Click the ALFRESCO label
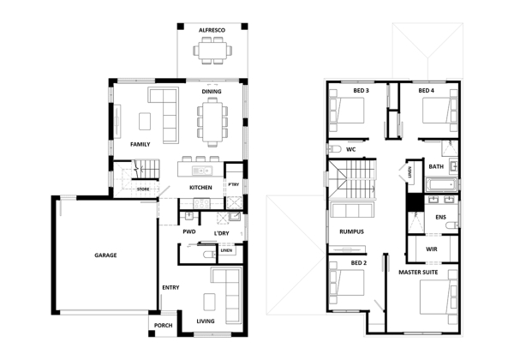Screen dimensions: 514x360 [212, 30]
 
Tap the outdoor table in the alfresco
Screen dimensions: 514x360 [212, 51]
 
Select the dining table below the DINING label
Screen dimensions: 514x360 [212, 122]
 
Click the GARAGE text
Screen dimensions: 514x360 [105, 255]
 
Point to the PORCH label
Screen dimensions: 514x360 [164, 325]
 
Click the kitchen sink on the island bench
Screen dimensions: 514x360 [202, 171]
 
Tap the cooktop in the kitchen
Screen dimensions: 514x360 [201, 203]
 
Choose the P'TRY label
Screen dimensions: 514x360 [234, 184]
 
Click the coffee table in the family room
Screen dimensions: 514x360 [145, 122]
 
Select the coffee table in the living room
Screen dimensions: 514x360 [210, 302]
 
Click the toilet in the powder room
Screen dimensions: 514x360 [208, 255]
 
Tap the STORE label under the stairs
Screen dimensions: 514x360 [143, 189]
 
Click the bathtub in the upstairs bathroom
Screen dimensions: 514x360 [441, 185]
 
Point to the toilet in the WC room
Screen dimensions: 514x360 [334, 149]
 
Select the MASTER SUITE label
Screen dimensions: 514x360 [418, 272]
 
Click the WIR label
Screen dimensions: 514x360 [432, 249]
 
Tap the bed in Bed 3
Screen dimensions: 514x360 [347, 111]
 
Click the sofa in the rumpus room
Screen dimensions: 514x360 [352, 210]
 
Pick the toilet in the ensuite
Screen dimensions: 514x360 [452, 225]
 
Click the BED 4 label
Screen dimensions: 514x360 [426, 91]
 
